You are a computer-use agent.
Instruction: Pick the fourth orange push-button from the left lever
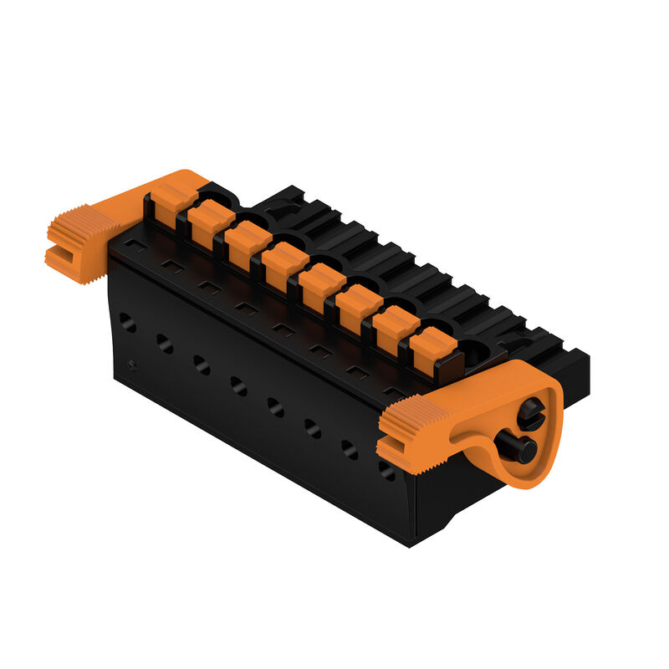pos(284,264)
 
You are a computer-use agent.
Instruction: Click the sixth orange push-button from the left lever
pos(360,306)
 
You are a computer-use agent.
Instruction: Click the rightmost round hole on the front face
pos(386,471)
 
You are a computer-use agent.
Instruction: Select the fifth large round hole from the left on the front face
pos(275,406)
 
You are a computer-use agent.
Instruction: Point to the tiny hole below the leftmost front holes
pos(132,364)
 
